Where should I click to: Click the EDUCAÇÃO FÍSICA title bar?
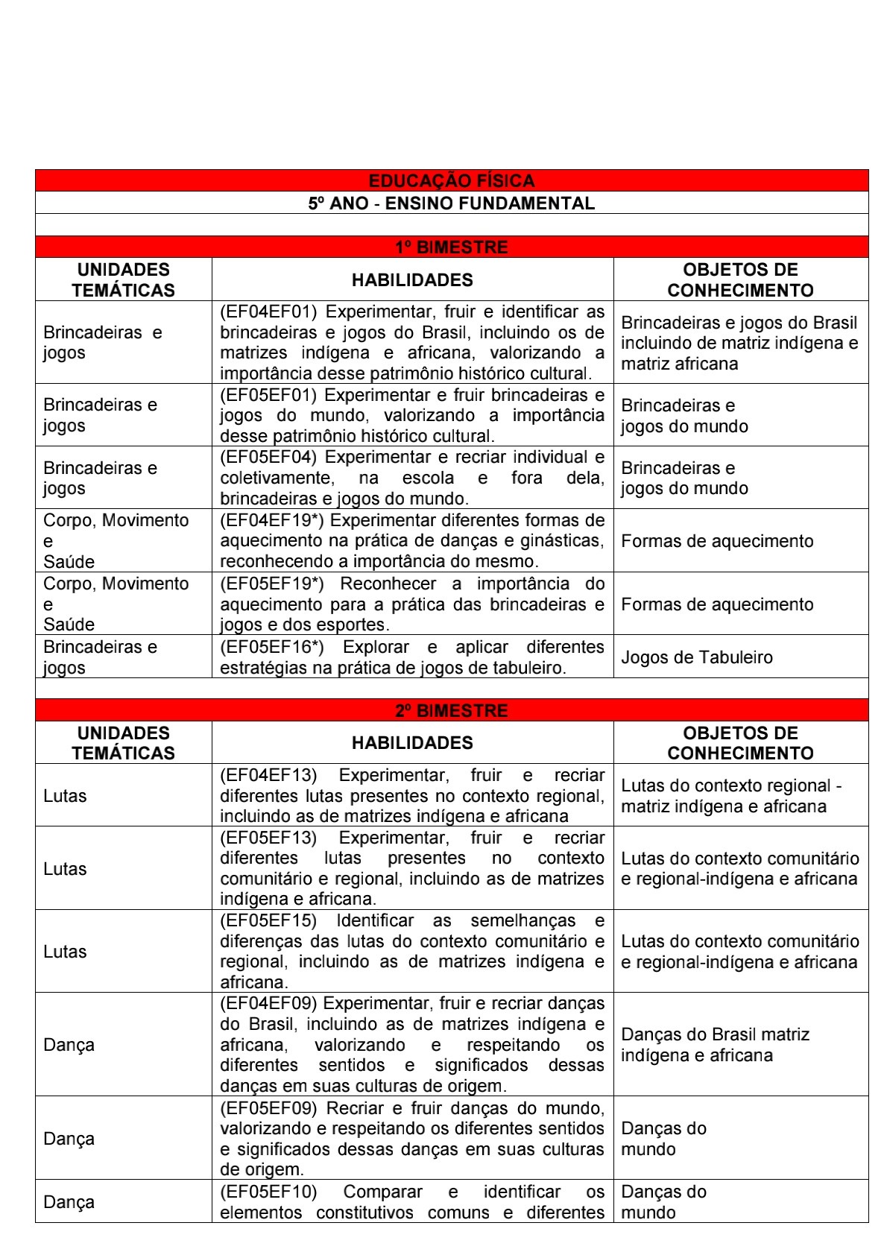pos(451,180)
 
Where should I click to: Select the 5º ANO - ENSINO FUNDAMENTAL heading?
pos(451,203)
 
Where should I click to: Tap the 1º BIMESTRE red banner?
pos(451,247)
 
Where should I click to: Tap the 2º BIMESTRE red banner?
pos(451,710)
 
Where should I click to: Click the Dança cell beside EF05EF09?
pos(69,1139)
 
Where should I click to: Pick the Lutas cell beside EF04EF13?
pos(65,796)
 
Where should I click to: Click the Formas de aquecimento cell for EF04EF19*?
pos(717,541)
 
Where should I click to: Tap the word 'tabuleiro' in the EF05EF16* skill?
pos(528,668)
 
